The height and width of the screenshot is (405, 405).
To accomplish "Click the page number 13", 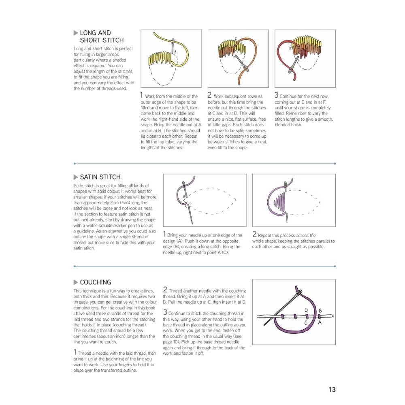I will click(332, 390).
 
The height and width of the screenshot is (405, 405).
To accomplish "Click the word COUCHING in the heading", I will click(96, 282).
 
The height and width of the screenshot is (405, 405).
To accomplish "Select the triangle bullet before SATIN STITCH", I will click(76, 177).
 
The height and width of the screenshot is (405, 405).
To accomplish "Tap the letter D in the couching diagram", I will click(306, 311).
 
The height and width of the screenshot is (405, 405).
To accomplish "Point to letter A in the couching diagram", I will click(320, 323).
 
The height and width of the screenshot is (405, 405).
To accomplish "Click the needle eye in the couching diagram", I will click(299, 291).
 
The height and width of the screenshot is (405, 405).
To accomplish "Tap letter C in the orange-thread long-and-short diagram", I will click(235, 39).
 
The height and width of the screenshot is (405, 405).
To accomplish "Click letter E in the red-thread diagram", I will click(290, 49).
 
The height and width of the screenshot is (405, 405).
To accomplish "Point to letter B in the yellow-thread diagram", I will click(175, 52).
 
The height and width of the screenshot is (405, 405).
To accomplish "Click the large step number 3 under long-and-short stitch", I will click(277, 96).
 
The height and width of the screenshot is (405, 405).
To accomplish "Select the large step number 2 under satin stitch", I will click(254, 234).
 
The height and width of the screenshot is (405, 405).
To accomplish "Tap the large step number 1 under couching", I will click(75, 352).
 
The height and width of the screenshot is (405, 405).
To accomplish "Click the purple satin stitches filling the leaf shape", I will click(280, 201).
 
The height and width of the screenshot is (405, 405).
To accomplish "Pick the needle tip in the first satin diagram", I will click(191, 223).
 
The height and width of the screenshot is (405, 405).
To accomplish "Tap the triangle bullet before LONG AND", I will click(76, 33).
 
